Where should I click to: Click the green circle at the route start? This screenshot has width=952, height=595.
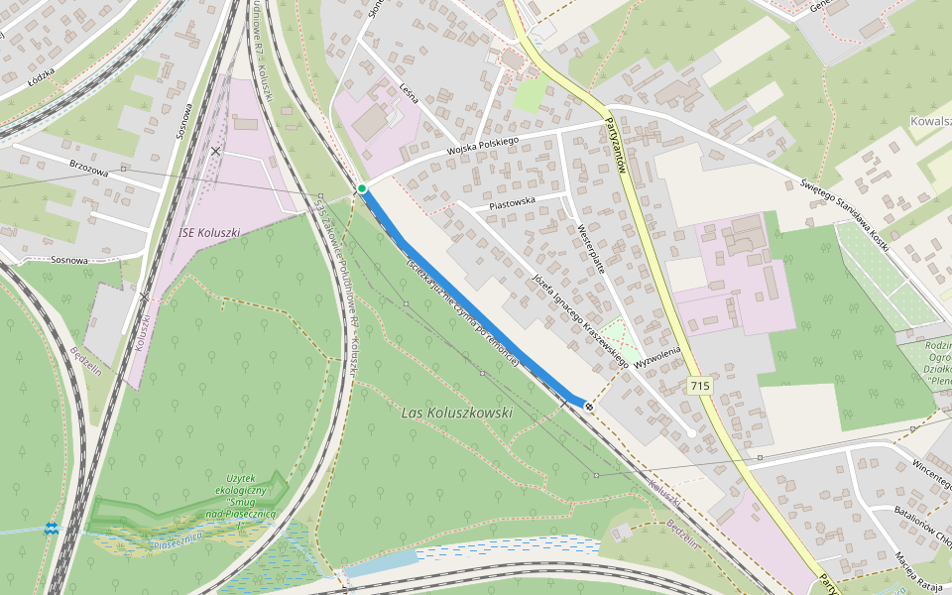(363, 188)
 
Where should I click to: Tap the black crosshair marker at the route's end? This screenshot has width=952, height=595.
(590, 406)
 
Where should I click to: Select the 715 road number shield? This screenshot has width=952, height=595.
(700, 385)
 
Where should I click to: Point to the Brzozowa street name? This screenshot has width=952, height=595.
(89, 170)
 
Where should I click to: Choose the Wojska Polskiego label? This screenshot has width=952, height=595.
(483, 146)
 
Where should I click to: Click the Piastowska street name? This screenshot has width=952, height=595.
(512, 201)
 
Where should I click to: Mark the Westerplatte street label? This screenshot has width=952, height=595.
(591, 247)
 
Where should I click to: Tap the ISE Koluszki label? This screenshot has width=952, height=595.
(209, 233)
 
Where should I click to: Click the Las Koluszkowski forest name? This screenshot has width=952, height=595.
(457, 412)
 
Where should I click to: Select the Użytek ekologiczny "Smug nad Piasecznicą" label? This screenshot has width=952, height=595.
(242, 495)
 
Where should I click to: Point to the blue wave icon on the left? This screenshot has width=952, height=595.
(52, 529)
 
